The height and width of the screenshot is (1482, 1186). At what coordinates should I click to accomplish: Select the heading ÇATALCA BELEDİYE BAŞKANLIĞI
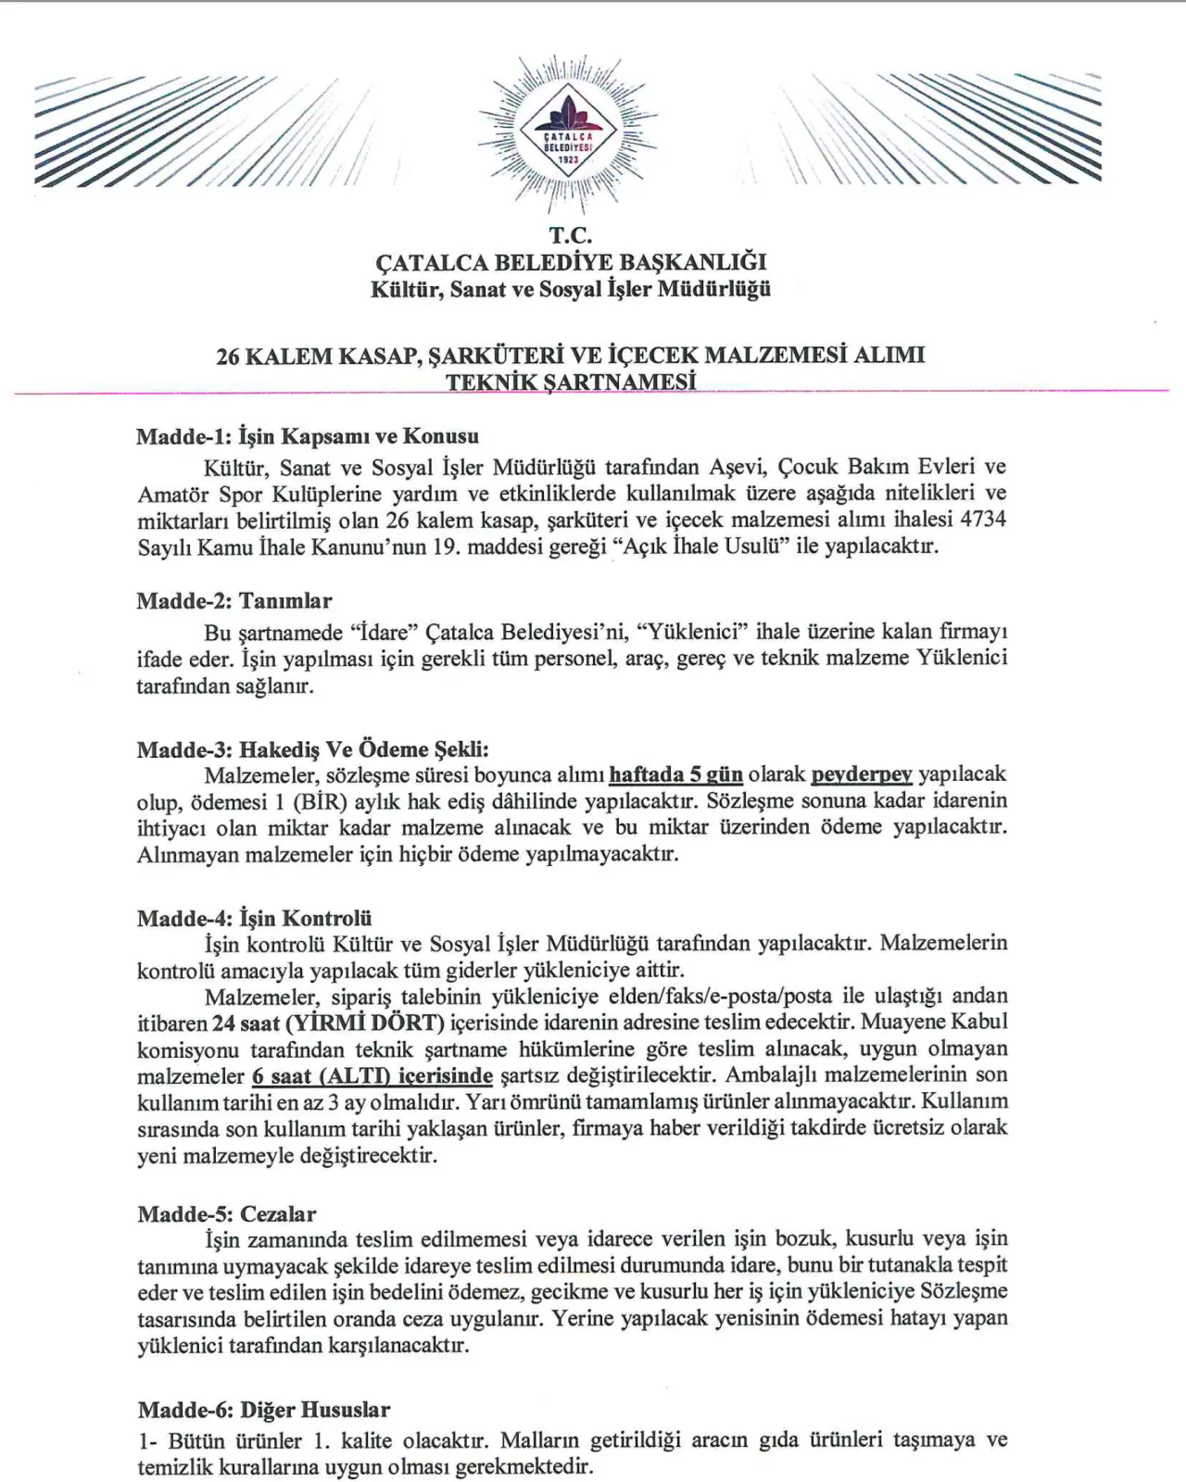pos(570,263)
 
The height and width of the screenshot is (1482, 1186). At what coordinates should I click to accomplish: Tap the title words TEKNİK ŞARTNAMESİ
pos(571,382)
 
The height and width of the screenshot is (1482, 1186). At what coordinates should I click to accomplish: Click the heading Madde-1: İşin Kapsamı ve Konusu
pos(308,436)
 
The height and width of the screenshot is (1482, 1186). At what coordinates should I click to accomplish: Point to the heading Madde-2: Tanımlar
pos(234,600)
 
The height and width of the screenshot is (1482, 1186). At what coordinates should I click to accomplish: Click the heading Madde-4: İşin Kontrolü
pos(254,918)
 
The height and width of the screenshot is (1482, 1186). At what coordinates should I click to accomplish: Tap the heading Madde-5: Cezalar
pos(226,1213)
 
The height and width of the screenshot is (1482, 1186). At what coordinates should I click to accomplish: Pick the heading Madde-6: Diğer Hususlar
pos(264,1410)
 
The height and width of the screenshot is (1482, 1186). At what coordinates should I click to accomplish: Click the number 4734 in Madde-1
pos(984,520)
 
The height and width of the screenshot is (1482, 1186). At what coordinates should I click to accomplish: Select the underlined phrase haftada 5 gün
pos(675,774)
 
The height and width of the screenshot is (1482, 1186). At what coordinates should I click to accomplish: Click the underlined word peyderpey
pos(862,774)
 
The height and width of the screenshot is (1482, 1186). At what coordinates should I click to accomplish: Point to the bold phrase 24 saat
pos(245,1023)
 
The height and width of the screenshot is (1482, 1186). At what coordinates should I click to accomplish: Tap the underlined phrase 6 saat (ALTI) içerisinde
pos(372,1075)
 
